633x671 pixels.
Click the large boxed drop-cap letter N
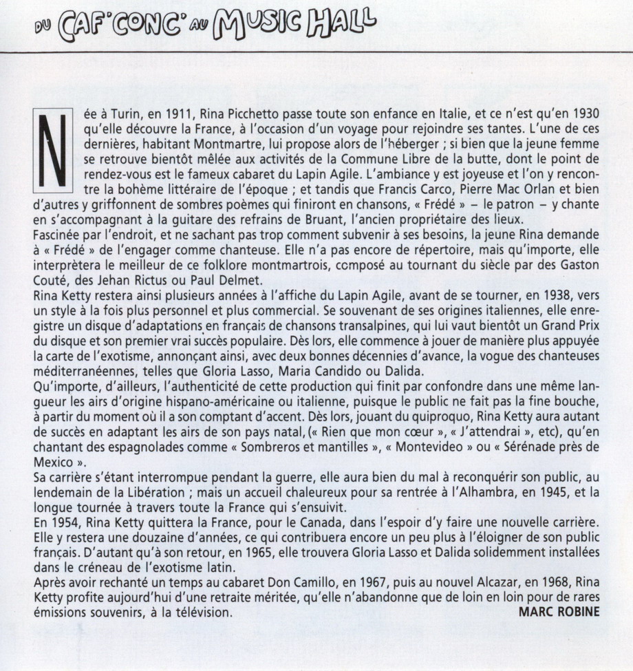(x=52, y=151)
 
